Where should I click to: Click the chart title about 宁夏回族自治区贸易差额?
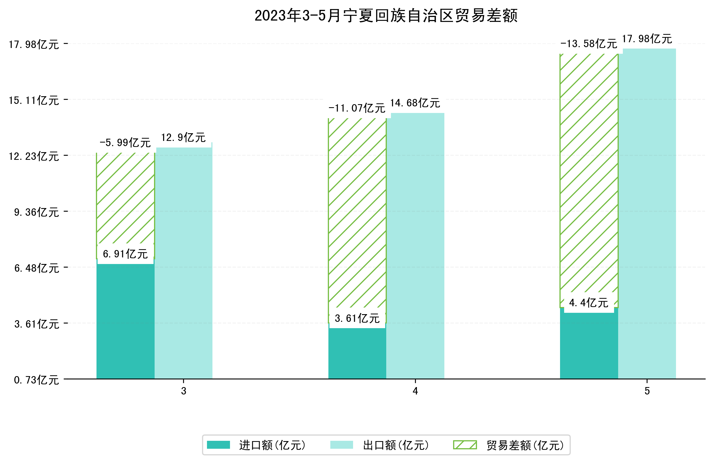[x=386, y=16]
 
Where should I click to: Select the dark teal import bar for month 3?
[x=125, y=321]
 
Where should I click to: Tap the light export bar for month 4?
[x=415, y=246]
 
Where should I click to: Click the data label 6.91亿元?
[x=125, y=254]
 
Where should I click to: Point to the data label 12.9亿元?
[x=183, y=138]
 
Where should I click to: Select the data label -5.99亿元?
[x=125, y=143]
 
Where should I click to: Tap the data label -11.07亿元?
[x=357, y=108]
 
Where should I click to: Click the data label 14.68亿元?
[x=415, y=103]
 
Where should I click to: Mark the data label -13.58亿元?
[x=589, y=44]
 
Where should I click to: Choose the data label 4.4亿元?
[x=589, y=303]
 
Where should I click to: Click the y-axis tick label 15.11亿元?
[x=34, y=100]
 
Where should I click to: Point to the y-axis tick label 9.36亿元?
[x=36, y=212]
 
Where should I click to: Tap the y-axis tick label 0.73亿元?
[x=36, y=380]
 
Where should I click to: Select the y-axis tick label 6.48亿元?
[x=36, y=268]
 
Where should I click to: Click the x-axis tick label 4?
[x=415, y=391]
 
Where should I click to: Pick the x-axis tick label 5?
[x=647, y=391]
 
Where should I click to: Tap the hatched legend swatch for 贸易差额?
[x=465, y=445]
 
